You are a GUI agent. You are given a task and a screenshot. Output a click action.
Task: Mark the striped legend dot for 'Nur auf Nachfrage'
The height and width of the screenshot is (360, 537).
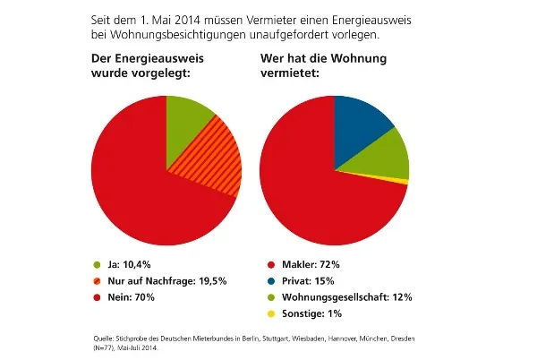tap(98, 280)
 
